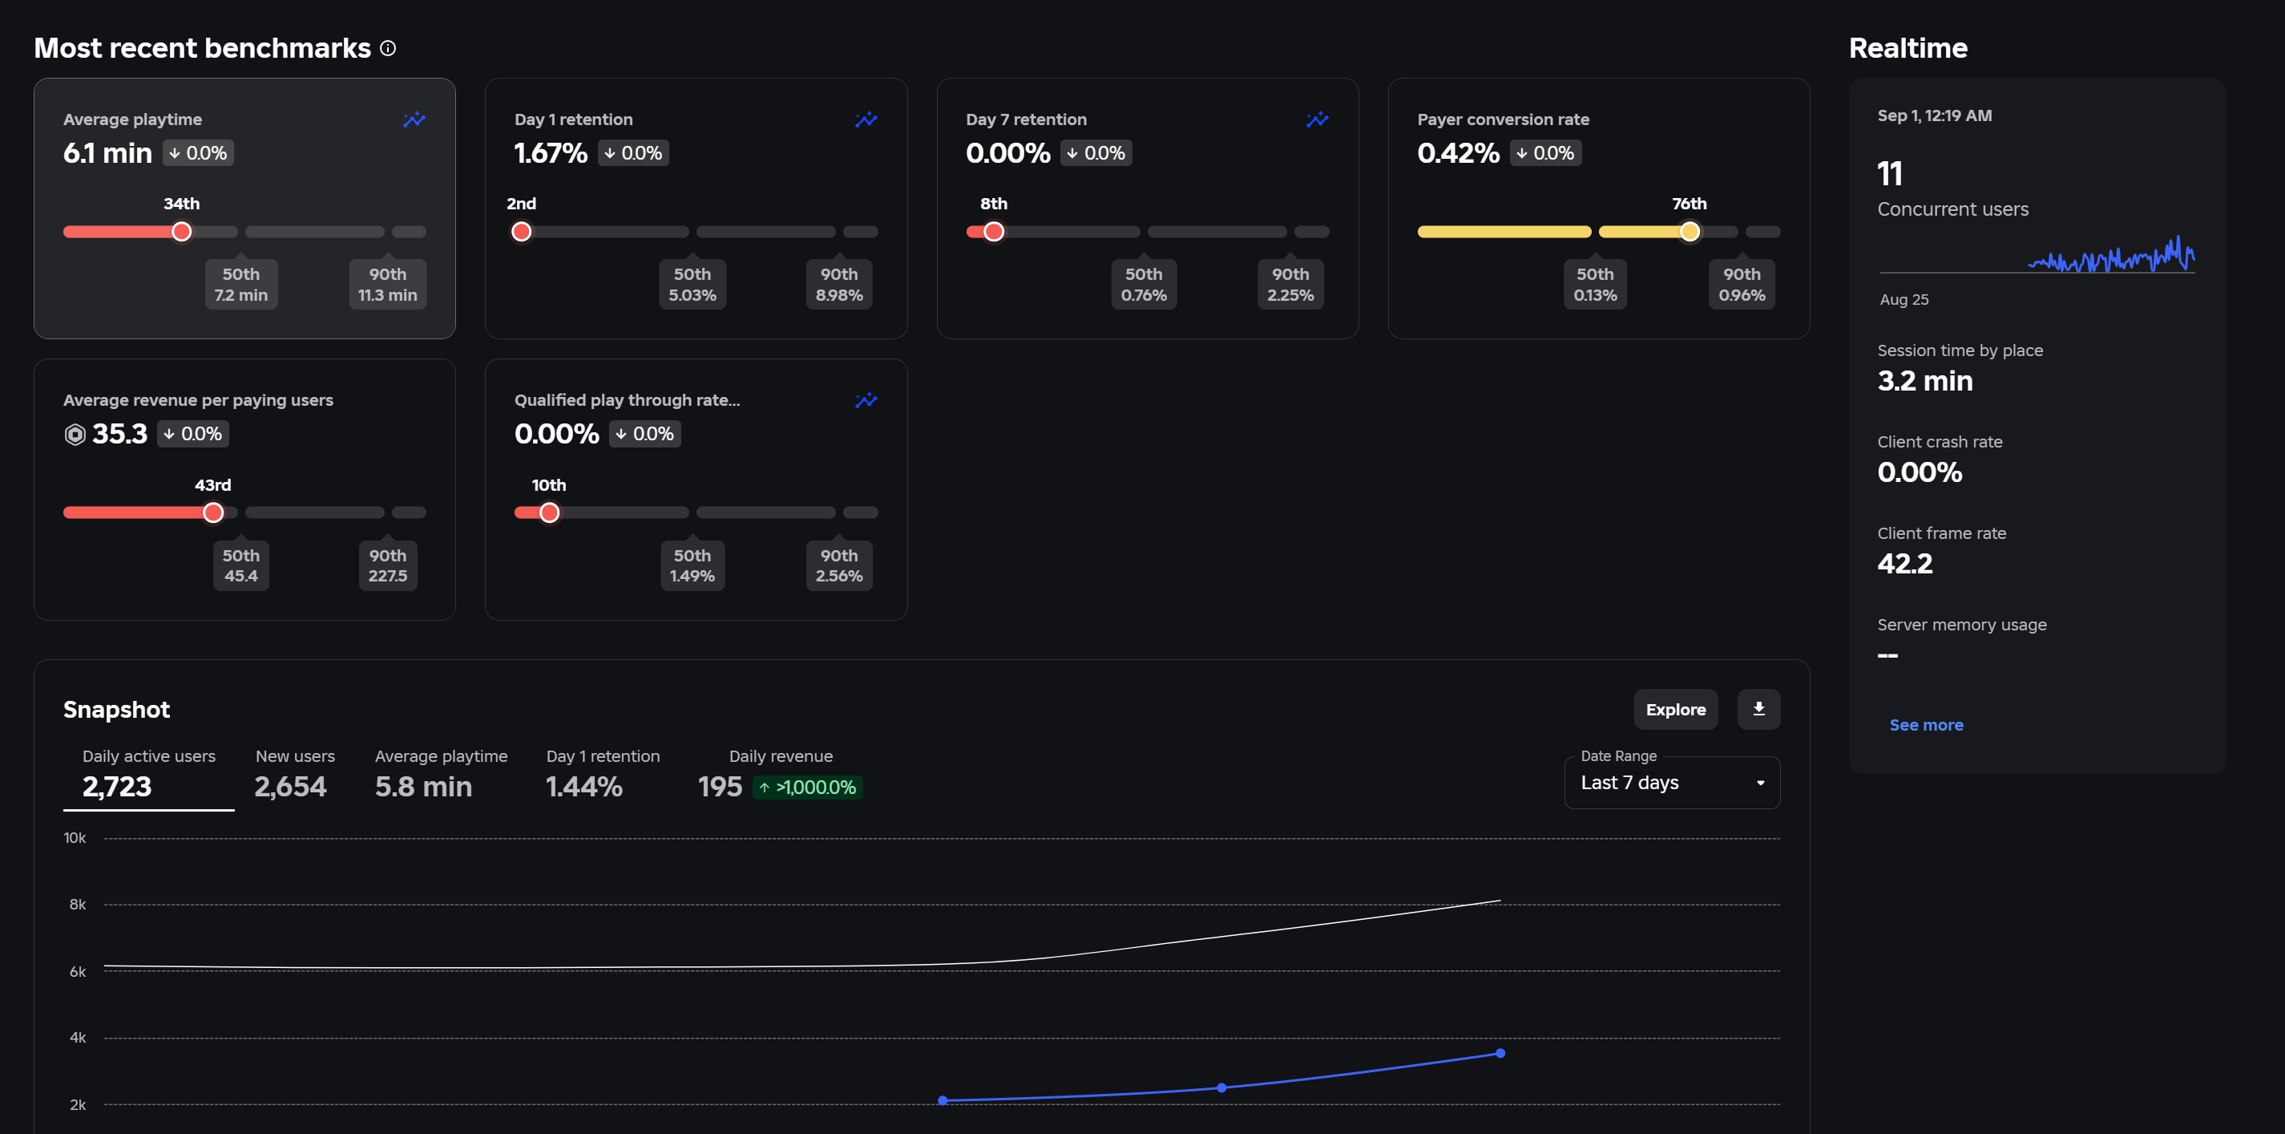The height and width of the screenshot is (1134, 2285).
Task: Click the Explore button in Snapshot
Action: [1675, 709]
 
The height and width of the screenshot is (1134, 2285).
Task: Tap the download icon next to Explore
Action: [1758, 709]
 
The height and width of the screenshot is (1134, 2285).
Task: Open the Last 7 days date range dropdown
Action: [1671, 783]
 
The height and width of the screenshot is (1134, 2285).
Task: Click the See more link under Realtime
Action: [1926, 725]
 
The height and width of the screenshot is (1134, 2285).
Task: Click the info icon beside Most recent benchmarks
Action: [388, 48]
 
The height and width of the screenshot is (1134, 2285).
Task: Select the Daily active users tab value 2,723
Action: [117, 786]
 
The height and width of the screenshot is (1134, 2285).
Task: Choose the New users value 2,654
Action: [290, 786]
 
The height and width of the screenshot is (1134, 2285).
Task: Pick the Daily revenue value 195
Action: [720, 786]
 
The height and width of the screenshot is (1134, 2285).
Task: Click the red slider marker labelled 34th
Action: [181, 232]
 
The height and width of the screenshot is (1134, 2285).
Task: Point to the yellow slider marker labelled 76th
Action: [1689, 232]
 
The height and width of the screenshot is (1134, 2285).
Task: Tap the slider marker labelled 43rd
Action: [213, 513]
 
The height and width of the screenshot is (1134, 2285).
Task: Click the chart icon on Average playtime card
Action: [414, 119]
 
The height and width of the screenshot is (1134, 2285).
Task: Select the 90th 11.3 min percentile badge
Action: [388, 284]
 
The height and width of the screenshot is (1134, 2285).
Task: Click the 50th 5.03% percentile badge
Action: [692, 284]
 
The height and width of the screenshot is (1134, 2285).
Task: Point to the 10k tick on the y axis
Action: [75, 837]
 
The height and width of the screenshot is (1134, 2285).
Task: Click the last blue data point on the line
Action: [1500, 1053]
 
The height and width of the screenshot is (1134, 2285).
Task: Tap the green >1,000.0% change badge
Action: [807, 787]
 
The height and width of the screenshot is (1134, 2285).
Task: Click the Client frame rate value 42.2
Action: [1904, 564]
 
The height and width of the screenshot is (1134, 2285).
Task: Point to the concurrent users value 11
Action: [1889, 174]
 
